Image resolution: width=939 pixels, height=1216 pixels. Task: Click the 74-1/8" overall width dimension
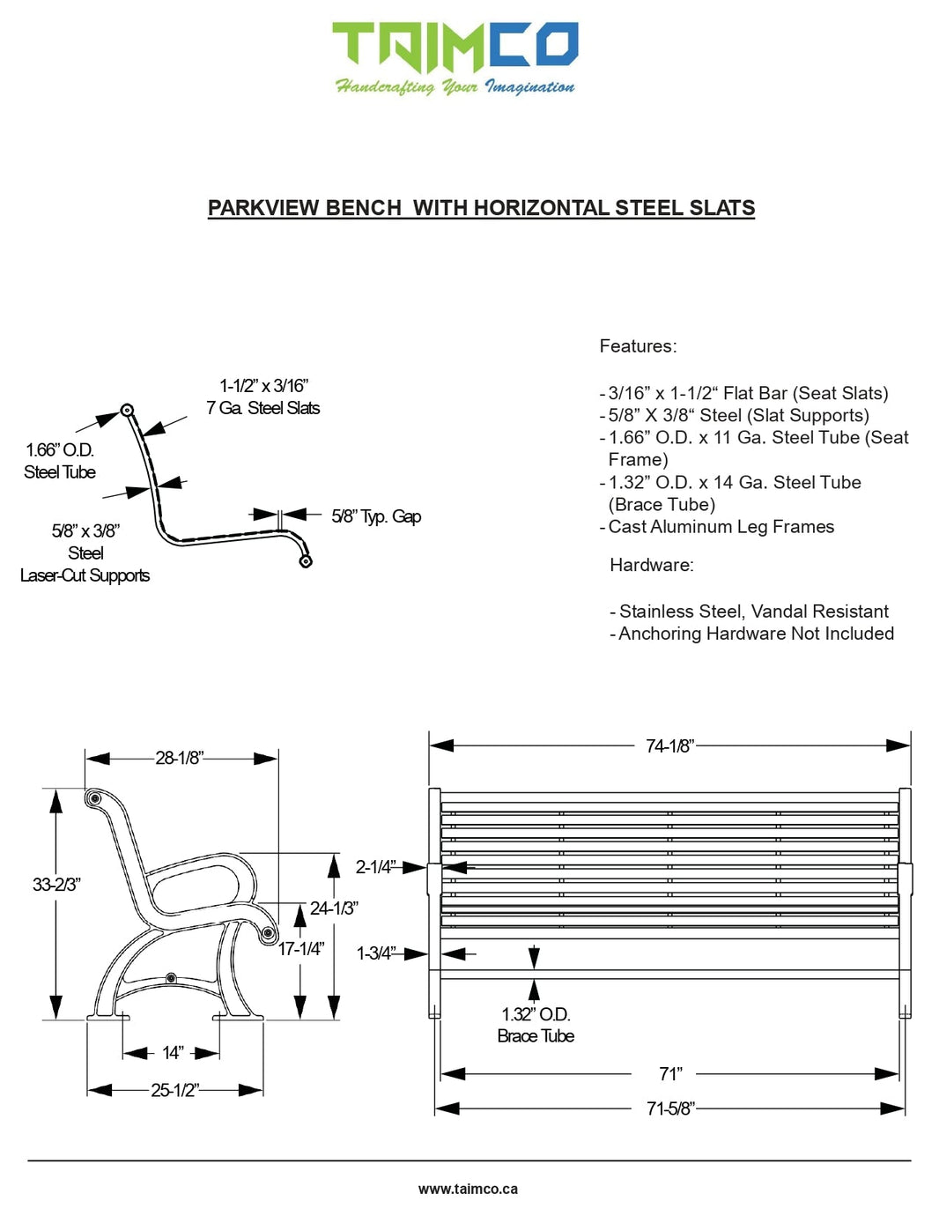[669, 746]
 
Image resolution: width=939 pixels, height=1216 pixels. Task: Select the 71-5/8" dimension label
[670, 1108]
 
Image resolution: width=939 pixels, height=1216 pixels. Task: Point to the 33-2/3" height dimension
[56, 884]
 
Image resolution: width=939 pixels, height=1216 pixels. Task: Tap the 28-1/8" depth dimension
[180, 758]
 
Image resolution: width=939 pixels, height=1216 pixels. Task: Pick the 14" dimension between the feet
[173, 1053]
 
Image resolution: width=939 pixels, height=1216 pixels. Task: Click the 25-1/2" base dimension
[174, 1090]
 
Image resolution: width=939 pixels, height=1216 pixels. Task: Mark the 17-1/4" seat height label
[301, 949]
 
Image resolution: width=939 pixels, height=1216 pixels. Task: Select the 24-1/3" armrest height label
[334, 908]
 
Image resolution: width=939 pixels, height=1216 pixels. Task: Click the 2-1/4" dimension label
[375, 867]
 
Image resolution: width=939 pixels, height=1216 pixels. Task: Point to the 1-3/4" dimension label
[376, 953]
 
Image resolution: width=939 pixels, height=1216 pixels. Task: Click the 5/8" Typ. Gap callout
[376, 516]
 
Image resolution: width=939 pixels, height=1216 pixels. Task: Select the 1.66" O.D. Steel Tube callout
[60, 461]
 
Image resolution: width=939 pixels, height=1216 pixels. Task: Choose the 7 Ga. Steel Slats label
[263, 408]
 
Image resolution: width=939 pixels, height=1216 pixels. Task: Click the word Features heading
[638, 346]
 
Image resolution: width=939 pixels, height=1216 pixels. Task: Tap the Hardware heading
[651, 565]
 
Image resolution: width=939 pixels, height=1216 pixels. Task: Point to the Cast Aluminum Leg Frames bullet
[721, 527]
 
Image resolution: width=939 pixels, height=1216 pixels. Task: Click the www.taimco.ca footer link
[468, 1189]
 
